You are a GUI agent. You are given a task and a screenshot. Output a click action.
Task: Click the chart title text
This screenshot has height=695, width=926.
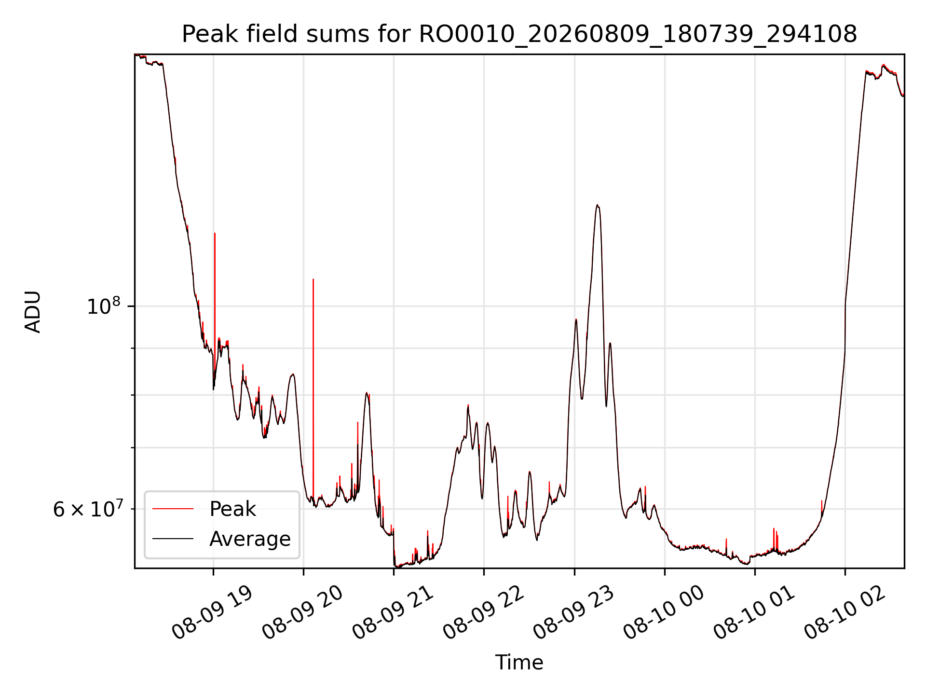[519, 34]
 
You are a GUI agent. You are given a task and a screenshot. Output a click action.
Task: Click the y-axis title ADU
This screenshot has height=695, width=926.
[33, 311]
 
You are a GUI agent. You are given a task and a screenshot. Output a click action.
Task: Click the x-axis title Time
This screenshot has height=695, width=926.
[519, 663]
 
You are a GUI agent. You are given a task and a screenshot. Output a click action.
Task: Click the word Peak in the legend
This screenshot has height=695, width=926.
[232, 509]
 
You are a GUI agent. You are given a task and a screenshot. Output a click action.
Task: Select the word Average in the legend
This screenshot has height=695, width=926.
[250, 539]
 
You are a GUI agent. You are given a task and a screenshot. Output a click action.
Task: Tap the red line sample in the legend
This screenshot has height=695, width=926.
[173, 509]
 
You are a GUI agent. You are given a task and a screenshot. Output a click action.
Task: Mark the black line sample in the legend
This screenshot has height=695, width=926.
[173, 539]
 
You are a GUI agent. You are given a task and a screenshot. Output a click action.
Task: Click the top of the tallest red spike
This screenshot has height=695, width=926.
[215, 233]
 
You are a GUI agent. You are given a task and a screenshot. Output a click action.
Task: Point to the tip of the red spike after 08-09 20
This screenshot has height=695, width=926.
[313, 279]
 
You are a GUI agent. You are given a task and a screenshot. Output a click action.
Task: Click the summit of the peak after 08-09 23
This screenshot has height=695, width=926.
[597, 205]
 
